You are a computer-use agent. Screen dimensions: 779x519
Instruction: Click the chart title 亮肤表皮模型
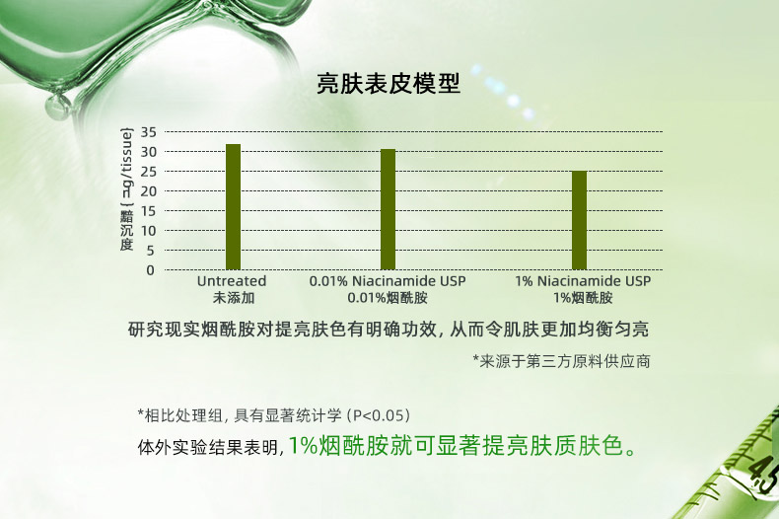[389, 84]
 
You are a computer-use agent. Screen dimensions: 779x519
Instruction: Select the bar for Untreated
[233, 207]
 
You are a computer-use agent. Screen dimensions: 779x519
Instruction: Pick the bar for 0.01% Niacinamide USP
[388, 209]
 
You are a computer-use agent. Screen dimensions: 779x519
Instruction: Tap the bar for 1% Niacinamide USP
[579, 220]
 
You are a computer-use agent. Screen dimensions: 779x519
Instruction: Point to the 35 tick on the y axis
[149, 132]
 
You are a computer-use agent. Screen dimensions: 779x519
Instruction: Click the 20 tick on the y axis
[149, 191]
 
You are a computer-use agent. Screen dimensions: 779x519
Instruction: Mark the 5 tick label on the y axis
[151, 251]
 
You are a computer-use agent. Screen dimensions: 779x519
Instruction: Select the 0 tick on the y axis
[151, 270]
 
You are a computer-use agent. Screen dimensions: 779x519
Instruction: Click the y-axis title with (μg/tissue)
[127, 189]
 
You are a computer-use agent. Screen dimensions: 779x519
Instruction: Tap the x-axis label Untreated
[232, 281]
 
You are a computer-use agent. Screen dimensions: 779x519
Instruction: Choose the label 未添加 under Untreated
[234, 298]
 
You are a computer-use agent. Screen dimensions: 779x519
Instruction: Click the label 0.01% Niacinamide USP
[388, 281]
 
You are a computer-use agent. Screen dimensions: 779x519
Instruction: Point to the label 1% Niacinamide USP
[583, 281]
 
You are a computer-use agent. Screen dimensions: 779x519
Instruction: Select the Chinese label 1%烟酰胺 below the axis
[583, 298]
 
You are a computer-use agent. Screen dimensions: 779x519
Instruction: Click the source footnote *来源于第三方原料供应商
[561, 361]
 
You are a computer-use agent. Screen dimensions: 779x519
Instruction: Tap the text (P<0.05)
[379, 415]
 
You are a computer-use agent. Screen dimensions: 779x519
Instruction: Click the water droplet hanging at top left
[58, 106]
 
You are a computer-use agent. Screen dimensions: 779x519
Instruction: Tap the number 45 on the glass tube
[763, 476]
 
